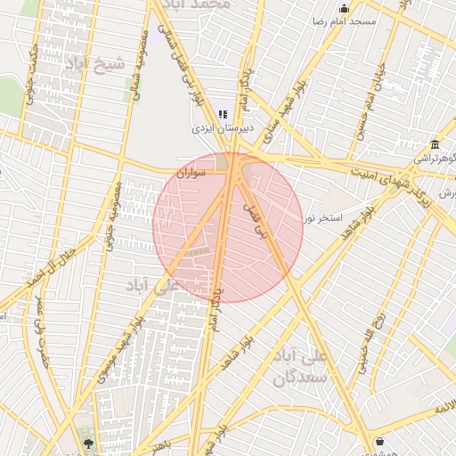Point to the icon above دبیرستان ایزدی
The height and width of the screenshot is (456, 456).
pos(223,114)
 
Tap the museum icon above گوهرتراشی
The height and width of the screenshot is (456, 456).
pos(435,145)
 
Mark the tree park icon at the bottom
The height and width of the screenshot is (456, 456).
pos(88,442)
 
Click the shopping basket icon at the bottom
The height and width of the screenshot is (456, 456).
pos(380,441)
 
